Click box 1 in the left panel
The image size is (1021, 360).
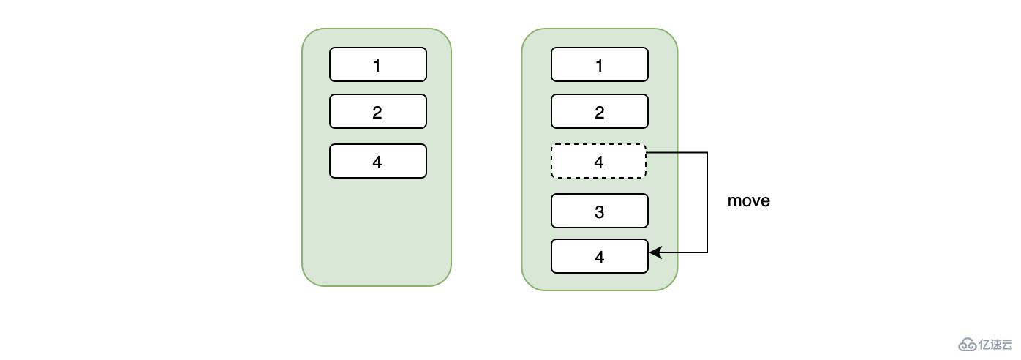[377, 64]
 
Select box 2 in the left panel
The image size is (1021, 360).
[377, 111]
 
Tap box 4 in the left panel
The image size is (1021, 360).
[377, 161]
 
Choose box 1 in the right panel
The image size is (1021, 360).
[599, 64]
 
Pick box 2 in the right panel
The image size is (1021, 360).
[599, 111]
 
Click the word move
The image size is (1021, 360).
[748, 200]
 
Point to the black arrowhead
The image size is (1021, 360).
[655, 252]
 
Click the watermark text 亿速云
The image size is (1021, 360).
[996, 344]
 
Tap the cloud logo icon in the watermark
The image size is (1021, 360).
[968, 345]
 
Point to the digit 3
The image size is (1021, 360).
[599, 211]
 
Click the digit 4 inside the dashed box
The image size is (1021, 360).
[599, 162]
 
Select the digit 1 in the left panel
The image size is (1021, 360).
[377, 65]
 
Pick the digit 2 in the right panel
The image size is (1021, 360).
[599, 112]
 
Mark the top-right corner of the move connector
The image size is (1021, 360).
[707, 153]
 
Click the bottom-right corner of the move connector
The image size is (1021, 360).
[707, 252]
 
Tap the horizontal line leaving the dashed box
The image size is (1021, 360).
[677, 153]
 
